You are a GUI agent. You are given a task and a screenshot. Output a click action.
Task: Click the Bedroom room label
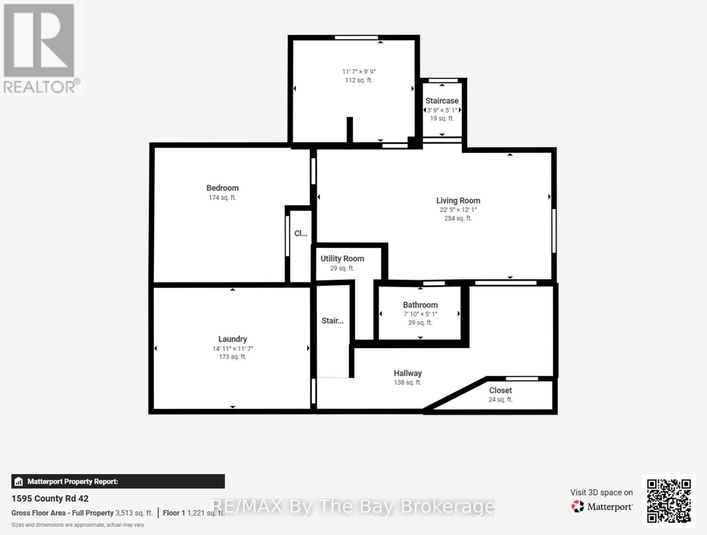222,188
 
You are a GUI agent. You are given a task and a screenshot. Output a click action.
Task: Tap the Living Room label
458,201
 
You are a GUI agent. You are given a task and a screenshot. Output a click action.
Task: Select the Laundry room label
232,339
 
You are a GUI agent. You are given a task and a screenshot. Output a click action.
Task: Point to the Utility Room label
342,259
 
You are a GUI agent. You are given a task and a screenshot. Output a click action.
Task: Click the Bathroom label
420,305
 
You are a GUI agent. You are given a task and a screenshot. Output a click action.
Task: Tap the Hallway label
407,374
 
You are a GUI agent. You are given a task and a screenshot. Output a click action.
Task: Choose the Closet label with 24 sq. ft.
500,391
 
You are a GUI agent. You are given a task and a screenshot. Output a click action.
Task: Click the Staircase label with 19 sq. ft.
441,101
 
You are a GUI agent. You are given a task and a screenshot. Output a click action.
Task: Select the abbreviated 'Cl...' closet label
300,234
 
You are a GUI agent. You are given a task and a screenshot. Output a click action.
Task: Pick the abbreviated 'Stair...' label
332,321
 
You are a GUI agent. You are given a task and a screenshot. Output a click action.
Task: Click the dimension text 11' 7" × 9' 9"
358,72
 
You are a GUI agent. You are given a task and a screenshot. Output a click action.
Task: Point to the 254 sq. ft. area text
457,218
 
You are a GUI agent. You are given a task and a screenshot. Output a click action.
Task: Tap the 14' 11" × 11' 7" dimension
232,349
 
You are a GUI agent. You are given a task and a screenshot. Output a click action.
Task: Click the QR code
669,501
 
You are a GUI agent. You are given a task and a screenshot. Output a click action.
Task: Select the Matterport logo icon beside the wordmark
578,506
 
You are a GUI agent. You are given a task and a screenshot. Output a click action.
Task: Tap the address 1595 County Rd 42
50,499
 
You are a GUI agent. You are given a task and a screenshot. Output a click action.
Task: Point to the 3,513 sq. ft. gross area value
134,513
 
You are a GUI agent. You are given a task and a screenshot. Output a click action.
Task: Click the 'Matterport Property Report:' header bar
118,481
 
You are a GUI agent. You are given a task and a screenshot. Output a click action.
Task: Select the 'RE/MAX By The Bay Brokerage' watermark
353,506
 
